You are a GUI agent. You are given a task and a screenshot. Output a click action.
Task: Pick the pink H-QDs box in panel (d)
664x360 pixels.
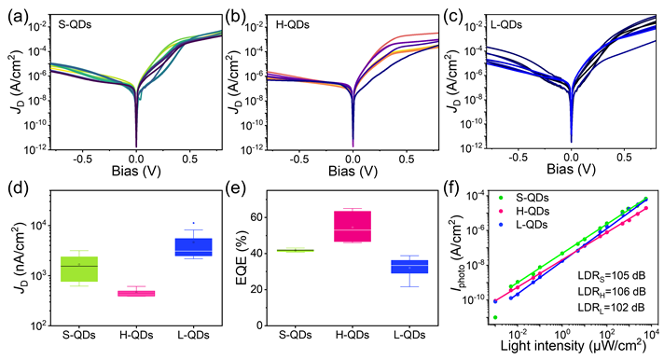[137, 293]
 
